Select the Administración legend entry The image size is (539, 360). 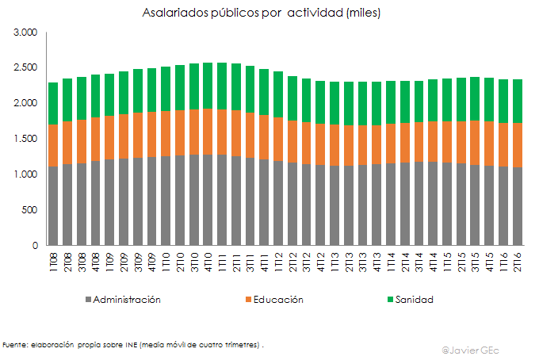127,300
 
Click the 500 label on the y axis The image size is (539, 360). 29,210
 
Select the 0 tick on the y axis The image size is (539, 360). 35,246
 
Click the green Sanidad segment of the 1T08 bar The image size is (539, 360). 54,104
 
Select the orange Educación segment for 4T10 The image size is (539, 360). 208,132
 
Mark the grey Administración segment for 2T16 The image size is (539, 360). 518,206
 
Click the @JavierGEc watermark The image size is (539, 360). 476,350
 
